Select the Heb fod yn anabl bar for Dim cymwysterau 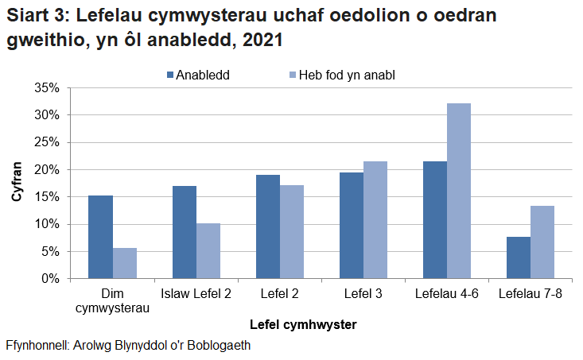point(124,263)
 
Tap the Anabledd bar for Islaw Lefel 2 point(185,232)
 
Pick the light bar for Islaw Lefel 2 point(208,250)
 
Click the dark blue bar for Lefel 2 point(268,226)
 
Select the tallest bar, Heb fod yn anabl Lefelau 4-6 point(459,191)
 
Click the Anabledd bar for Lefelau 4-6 point(435,220)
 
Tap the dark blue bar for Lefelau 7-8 point(519,257)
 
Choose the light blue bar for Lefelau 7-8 point(542,242)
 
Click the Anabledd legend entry point(197,75)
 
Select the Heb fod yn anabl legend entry point(340,75)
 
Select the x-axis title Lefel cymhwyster point(302,324)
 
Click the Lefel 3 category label point(363,294)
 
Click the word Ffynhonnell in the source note point(34,346)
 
